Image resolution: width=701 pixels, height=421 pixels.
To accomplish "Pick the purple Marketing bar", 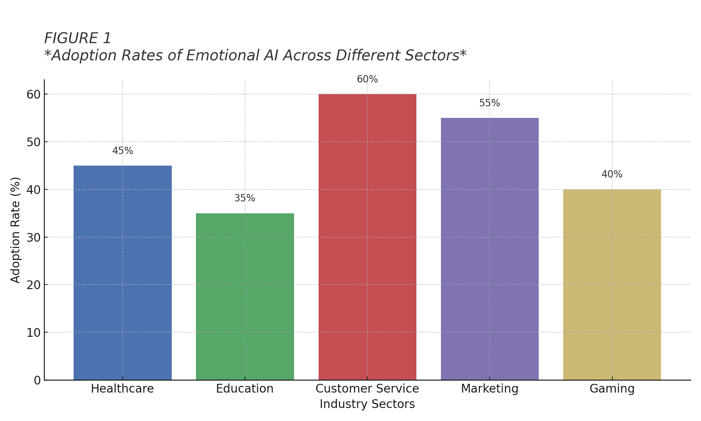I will pyautogui.click(x=490, y=249).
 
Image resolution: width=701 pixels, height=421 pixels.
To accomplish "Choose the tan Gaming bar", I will pyautogui.click(x=612, y=285).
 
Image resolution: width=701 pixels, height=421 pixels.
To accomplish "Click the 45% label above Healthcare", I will pyautogui.click(x=122, y=151).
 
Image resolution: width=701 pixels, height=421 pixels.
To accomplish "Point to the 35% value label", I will pyautogui.click(x=245, y=198).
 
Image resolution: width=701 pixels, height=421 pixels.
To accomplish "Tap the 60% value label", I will pyautogui.click(x=367, y=79).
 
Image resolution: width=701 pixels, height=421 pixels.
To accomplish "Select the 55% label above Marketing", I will pyautogui.click(x=490, y=103).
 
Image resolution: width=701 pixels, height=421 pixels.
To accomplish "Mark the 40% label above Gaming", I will pyautogui.click(x=612, y=174).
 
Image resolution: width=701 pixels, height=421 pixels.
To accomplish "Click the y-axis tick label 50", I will pyautogui.click(x=34, y=142).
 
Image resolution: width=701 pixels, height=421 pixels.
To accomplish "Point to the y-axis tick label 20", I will pyautogui.click(x=34, y=285).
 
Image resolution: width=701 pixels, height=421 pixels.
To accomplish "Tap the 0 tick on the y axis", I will pyautogui.click(x=38, y=380).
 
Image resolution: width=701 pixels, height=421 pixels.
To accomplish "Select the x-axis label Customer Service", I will pyautogui.click(x=367, y=389).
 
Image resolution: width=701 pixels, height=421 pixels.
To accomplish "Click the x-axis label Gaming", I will pyautogui.click(x=612, y=389).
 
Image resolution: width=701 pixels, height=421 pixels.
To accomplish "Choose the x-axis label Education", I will pyautogui.click(x=245, y=389).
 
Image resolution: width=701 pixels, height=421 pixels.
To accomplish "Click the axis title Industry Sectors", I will pyautogui.click(x=367, y=404).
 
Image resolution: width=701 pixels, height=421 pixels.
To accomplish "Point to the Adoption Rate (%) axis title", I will pyautogui.click(x=15, y=230).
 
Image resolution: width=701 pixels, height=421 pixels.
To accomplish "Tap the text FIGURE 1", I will pyautogui.click(x=77, y=38).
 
